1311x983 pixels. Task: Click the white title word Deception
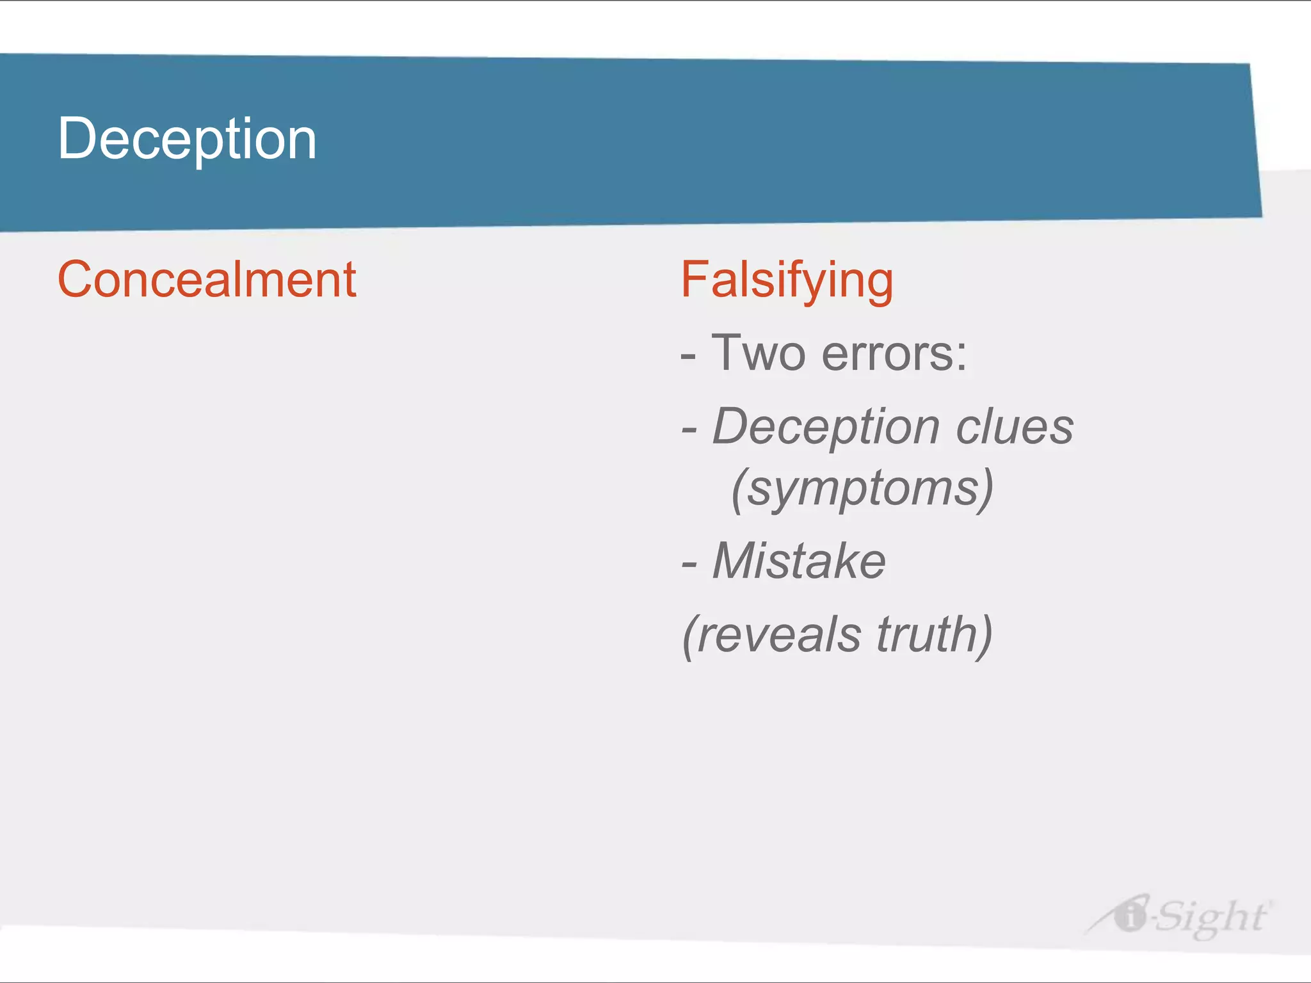coord(187,139)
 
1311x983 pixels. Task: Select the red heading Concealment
coord(207,280)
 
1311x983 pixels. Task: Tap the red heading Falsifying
coord(787,280)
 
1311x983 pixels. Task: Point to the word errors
coord(886,354)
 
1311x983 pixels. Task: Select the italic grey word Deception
coord(826,428)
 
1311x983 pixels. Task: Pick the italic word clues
coord(1014,427)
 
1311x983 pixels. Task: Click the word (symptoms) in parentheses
coord(862,488)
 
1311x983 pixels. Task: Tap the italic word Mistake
coord(799,561)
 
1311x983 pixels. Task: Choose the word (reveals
coord(772,635)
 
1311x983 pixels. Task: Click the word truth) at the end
coord(934,635)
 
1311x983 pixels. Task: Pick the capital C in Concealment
coord(75,280)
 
